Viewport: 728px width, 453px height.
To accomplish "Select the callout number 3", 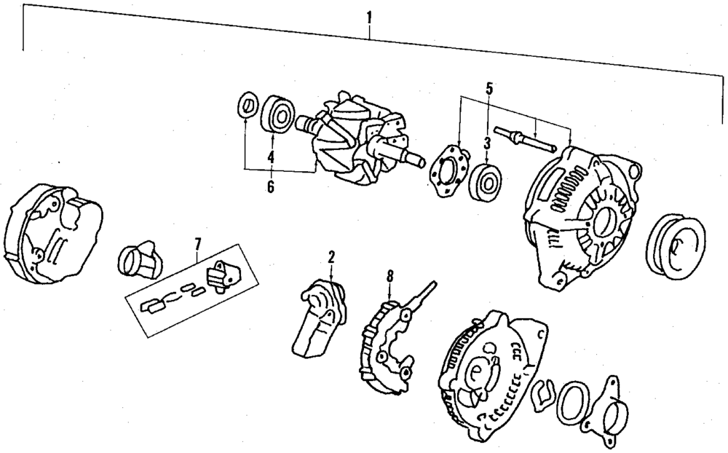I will coord(486,141).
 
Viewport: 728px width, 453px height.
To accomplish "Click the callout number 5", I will coord(489,90).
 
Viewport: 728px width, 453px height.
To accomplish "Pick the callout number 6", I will coord(270,187).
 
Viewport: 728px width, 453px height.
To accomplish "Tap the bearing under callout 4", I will coord(279,114).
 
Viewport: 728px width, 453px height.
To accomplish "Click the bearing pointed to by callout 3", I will coord(483,181).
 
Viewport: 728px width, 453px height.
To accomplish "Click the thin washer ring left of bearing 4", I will coord(248,104).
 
